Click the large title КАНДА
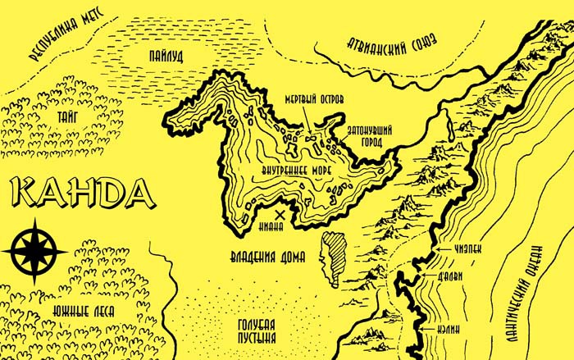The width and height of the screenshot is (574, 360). (x=83, y=194)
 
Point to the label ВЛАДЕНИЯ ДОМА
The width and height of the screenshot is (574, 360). (x=267, y=257)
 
